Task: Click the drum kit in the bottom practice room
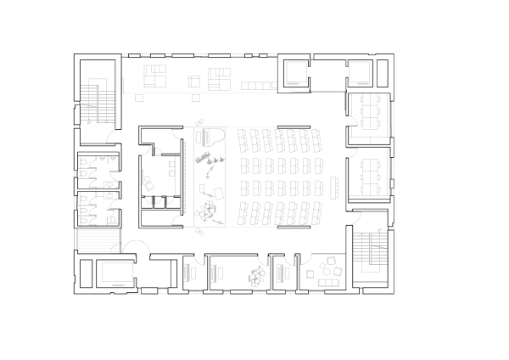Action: (255, 273)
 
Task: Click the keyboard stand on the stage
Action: (210, 159)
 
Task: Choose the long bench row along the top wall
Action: (256, 84)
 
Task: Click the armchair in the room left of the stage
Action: (149, 181)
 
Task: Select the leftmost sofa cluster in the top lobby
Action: (155, 76)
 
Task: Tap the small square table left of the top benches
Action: (193, 82)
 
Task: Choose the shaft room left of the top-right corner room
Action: (295, 71)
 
